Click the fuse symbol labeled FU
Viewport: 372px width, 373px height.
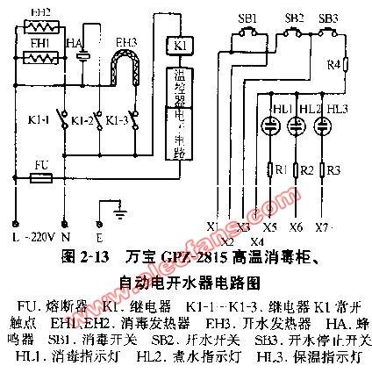39,178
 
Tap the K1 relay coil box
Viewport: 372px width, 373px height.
175,43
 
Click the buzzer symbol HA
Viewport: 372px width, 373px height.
82,55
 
